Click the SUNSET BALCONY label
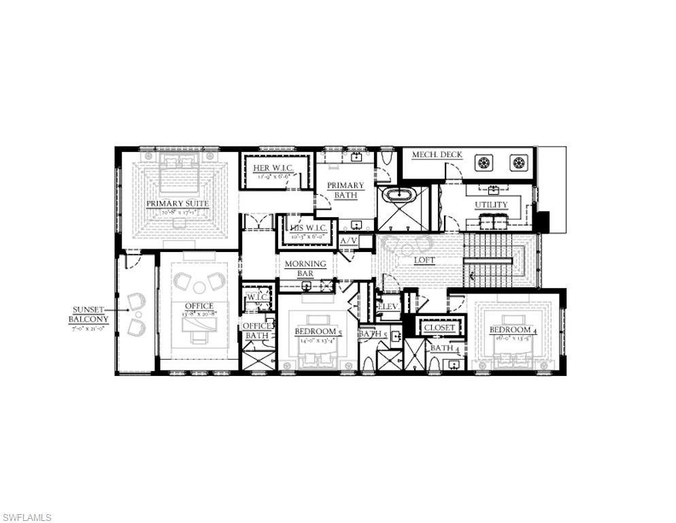click(90, 314)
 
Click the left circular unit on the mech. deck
click(484, 163)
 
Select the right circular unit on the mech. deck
click(519, 163)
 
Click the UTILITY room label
click(490, 204)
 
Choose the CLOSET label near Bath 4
click(439, 328)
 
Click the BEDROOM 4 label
click(513, 330)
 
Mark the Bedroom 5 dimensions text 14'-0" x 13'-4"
click(314, 340)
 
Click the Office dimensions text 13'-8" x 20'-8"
click(199, 314)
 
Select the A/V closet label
click(348, 240)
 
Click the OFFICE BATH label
click(257, 330)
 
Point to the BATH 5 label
click(373, 334)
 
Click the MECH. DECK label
click(437, 155)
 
